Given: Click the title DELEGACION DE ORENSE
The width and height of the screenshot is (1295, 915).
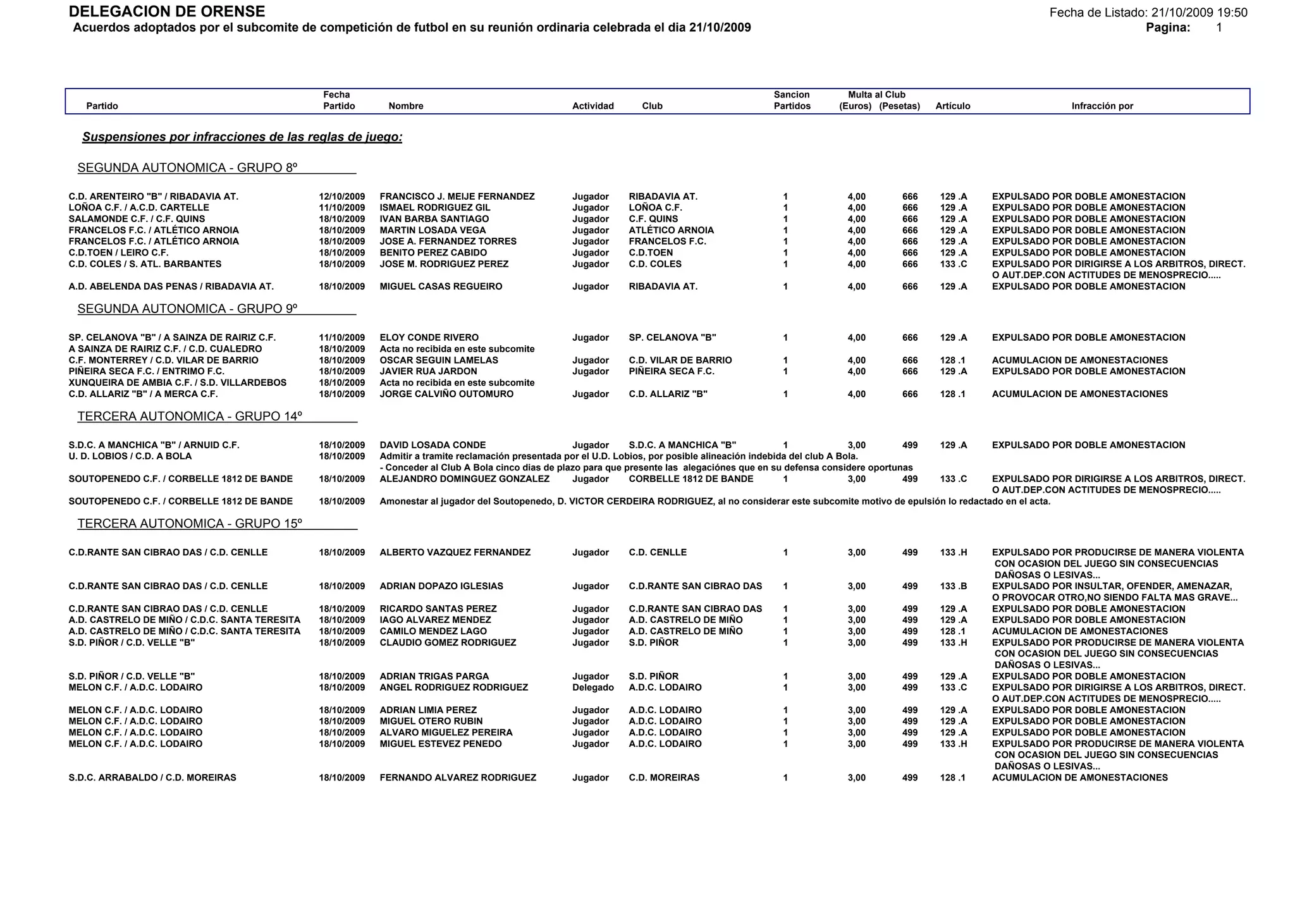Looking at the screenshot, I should click(167, 12).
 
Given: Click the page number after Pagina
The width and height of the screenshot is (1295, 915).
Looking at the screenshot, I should click(1219, 28).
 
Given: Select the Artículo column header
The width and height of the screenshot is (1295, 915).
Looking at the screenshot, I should click(952, 106).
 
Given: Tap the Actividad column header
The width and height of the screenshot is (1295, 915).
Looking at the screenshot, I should click(592, 106).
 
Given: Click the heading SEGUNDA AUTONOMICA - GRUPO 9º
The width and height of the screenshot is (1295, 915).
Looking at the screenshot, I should click(187, 309).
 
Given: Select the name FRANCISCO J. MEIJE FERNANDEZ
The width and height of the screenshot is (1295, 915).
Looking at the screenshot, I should click(457, 197).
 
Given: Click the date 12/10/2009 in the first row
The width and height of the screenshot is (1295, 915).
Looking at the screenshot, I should click(341, 197).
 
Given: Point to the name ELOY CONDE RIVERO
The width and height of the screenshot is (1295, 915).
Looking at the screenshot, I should click(429, 338).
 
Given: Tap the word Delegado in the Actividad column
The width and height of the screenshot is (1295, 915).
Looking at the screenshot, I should click(592, 688).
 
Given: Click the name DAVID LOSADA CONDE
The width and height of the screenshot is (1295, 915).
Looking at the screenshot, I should click(433, 445).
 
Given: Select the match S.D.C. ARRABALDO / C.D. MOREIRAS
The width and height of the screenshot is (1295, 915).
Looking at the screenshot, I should click(152, 778).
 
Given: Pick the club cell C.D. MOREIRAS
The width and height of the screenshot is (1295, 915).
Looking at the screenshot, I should click(664, 778).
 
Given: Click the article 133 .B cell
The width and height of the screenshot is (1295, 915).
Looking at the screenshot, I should click(953, 586).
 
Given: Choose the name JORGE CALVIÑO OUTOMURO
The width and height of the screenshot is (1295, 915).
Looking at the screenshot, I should click(446, 394).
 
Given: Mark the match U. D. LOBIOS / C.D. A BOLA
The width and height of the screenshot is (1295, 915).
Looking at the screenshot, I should click(130, 457).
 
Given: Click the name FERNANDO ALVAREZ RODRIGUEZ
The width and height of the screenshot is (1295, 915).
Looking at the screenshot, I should click(458, 778).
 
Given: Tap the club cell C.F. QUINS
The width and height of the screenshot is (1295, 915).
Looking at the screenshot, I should click(653, 219).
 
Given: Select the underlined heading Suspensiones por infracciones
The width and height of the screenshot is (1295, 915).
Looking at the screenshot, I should click(242, 137).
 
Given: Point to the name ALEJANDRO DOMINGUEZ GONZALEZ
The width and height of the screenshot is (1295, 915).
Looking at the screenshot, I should click(464, 479).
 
